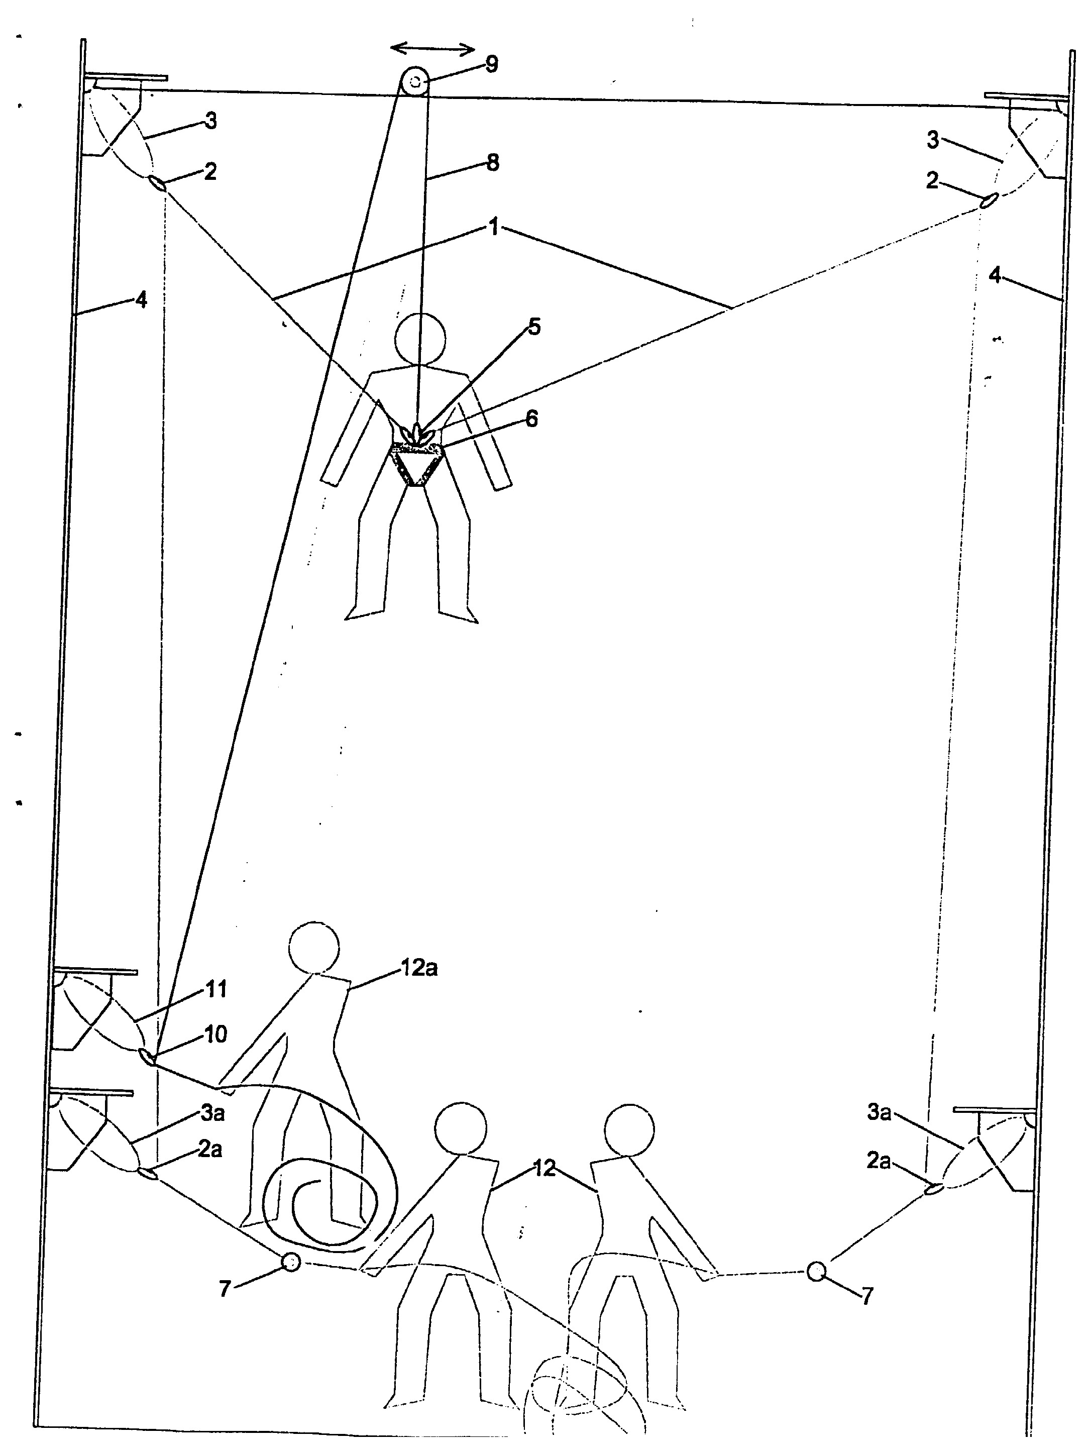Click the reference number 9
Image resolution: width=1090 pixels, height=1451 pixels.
coord(491,64)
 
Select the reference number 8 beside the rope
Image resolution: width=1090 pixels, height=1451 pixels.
coord(493,162)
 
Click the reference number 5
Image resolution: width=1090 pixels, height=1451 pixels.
coord(534,327)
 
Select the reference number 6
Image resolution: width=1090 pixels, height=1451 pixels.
coord(531,419)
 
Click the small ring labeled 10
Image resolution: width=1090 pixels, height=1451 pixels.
coord(147,1056)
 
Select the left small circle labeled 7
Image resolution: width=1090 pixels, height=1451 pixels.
coord(290,1262)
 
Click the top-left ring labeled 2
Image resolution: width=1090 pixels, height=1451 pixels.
coord(157,183)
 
